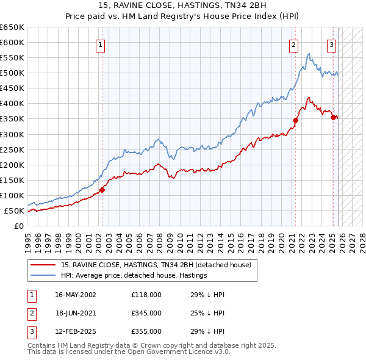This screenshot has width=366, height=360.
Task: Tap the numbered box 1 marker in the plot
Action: (100, 44)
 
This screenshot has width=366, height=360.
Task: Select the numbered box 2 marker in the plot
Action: (294, 44)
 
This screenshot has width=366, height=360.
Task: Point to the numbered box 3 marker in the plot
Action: (331, 44)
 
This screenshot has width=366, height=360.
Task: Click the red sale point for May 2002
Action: (102, 190)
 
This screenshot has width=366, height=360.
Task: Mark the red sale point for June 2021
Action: (295, 120)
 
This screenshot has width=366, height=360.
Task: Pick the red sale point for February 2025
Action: (333, 117)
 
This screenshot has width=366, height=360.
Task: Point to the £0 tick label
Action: (18, 226)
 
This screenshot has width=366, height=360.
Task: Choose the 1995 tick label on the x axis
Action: (28, 239)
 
